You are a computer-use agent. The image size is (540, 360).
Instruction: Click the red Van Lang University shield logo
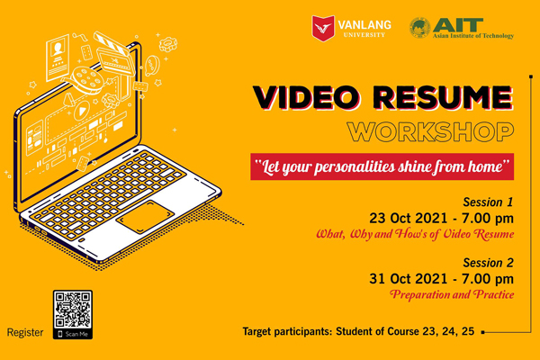click(323, 28)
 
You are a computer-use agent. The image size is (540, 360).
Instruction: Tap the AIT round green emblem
click(419, 28)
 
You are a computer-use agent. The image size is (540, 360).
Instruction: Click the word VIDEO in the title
click(306, 97)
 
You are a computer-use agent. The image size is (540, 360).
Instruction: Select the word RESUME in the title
click(443, 97)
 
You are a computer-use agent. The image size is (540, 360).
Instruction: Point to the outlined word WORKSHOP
click(430, 131)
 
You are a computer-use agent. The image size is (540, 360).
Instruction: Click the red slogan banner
click(382, 166)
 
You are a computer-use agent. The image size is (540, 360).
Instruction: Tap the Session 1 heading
click(488, 202)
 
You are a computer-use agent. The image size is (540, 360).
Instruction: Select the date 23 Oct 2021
click(409, 219)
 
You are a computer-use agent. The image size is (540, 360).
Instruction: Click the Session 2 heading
click(488, 263)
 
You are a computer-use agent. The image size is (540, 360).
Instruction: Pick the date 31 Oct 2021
click(409, 279)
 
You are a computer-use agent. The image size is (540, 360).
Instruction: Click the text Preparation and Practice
click(452, 295)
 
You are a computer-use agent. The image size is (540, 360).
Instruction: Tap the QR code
click(73, 310)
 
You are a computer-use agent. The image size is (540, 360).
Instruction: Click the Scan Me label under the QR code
click(73, 334)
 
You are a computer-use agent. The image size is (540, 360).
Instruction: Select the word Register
click(25, 333)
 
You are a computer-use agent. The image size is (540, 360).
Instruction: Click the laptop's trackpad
click(145, 217)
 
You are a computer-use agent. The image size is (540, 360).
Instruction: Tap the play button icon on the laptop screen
click(82, 111)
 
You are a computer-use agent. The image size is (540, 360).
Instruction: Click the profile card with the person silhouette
click(58, 58)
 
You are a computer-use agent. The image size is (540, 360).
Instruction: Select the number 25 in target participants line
click(468, 331)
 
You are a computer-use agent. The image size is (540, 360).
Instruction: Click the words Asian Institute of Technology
click(473, 36)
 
